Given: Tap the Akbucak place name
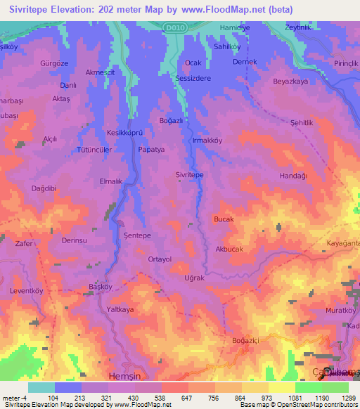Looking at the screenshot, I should coord(231,249).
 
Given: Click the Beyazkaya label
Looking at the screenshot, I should coord(291,82).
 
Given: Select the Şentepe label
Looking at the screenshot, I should coord(137,235).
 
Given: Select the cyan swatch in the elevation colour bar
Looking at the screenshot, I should coord(41,387).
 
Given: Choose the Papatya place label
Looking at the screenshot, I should coord(151,150).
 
